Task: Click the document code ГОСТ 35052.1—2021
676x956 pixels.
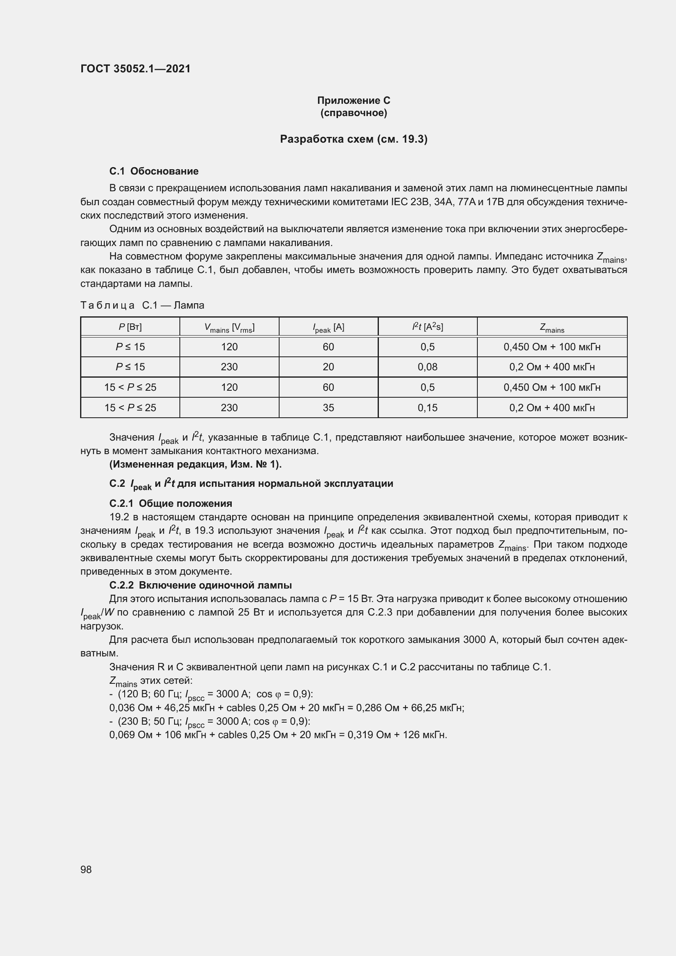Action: click(135, 69)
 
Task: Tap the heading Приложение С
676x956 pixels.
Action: click(354, 101)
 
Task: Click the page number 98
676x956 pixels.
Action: click(86, 869)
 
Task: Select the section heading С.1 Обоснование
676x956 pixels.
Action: click(154, 171)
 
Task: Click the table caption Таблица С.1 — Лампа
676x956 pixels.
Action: click(142, 305)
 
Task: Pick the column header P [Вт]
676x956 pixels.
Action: click(130, 327)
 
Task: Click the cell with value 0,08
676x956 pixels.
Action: click(428, 367)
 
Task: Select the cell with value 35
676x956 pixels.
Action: click(328, 407)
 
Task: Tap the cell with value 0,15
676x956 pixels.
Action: click(428, 407)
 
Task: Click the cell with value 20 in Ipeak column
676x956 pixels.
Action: click(328, 367)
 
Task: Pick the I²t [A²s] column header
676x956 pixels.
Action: click(428, 327)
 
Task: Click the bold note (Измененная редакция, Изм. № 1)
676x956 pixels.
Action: click(195, 464)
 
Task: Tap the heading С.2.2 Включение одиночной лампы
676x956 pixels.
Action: click(200, 585)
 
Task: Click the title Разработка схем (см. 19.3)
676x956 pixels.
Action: click(354, 139)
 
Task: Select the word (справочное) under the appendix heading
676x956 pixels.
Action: click(354, 113)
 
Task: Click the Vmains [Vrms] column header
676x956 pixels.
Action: click(229, 328)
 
